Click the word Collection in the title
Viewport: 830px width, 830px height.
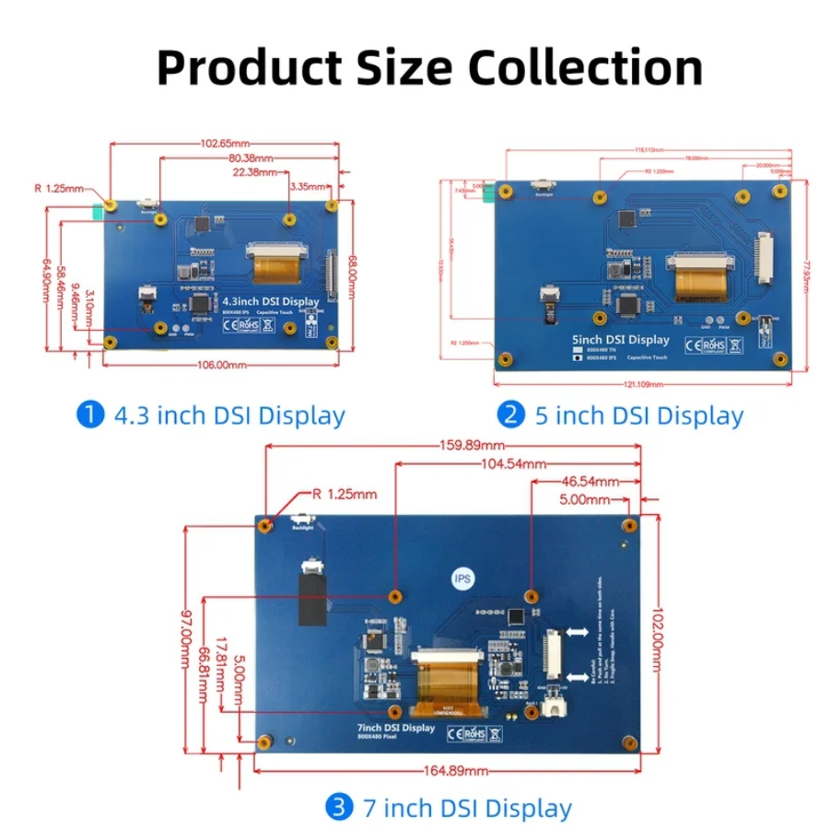pos(586,67)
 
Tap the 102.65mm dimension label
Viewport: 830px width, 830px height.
pos(226,143)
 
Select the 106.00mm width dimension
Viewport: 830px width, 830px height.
pos(222,365)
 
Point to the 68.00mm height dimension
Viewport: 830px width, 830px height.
pos(352,275)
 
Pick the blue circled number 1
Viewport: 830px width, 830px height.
pos(89,415)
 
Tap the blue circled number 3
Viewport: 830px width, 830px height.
pos(340,808)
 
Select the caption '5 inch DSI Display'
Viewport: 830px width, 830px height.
pos(638,415)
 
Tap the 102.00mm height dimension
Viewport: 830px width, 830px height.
pos(657,632)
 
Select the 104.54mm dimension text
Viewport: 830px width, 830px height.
pos(513,464)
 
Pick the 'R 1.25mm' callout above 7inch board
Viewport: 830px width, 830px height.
pos(345,494)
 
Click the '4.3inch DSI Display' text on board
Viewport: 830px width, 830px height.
pos(271,301)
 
